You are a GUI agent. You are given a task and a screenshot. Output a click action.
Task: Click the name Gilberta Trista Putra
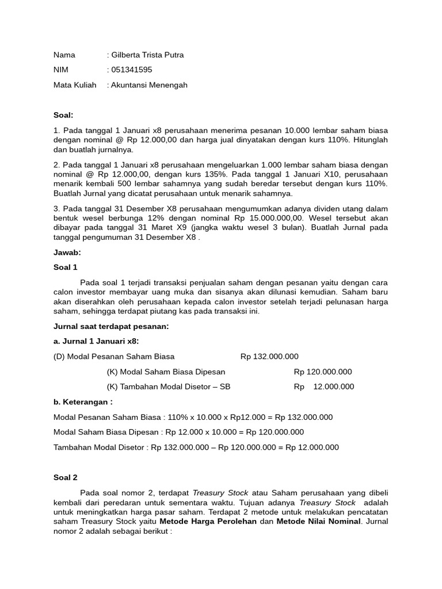(148, 55)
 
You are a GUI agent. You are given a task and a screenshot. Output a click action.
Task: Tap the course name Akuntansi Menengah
(150, 85)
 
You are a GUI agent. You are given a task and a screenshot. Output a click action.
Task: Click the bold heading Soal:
(63, 115)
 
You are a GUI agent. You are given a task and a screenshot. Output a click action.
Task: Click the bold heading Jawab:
(67, 253)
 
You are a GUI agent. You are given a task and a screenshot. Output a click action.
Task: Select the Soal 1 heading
(65, 267)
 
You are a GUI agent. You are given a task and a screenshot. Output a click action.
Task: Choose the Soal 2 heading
(65, 477)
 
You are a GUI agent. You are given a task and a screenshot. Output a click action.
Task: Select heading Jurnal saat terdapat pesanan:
(111, 327)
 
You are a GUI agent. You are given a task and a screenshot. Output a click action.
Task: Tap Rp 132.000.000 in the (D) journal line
(269, 357)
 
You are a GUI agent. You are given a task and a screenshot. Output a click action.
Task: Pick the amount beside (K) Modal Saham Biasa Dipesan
(323, 372)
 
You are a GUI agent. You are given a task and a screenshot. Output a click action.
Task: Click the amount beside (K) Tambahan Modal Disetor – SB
(324, 387)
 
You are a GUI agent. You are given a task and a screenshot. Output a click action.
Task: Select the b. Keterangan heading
(83, 401)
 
